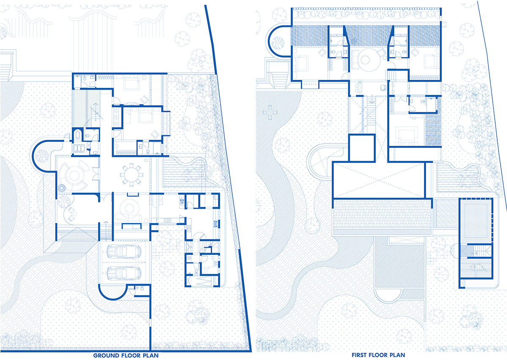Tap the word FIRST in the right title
(x=359, y=355)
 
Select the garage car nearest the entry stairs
(x=124, y=251)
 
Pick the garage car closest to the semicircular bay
(x=124, y=273)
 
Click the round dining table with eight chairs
(x=131, y=175)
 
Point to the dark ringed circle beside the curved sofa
(x=62, y=188)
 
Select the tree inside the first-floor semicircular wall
(x=278, y=42)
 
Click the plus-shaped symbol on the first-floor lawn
(x=270, y=112)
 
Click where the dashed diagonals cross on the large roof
(x=379, y=180)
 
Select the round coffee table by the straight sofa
(x=129, y=209)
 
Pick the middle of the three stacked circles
(x=117, y=117)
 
